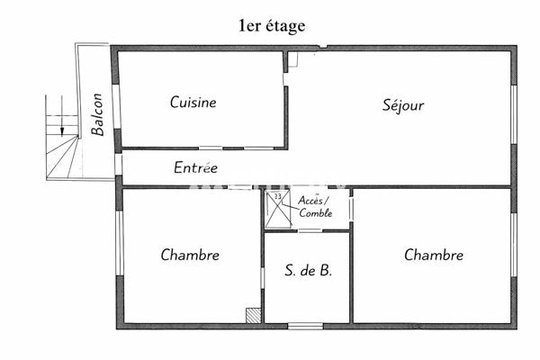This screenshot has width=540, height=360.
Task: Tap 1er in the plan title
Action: [251, 26]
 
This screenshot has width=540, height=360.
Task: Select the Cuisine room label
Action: [193, 103]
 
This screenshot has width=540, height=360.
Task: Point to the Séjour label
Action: [402, 105]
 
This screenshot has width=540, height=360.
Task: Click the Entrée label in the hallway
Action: [195, 167]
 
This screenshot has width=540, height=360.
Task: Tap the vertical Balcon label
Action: [98, 114]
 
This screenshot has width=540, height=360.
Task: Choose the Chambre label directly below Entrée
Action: [190, 255]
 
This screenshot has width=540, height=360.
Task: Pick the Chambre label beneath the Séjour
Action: [434, 255]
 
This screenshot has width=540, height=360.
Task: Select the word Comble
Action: [317, 213]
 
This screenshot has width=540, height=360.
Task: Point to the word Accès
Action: [314, 201]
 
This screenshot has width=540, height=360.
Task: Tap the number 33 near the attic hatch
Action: [276, 196]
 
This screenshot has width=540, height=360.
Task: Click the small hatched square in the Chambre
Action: [253, 315]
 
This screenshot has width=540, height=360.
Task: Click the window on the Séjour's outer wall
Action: [515, 114]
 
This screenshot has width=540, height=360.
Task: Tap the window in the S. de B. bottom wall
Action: [305, 326]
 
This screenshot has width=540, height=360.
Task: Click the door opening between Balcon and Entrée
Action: [117, 165]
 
